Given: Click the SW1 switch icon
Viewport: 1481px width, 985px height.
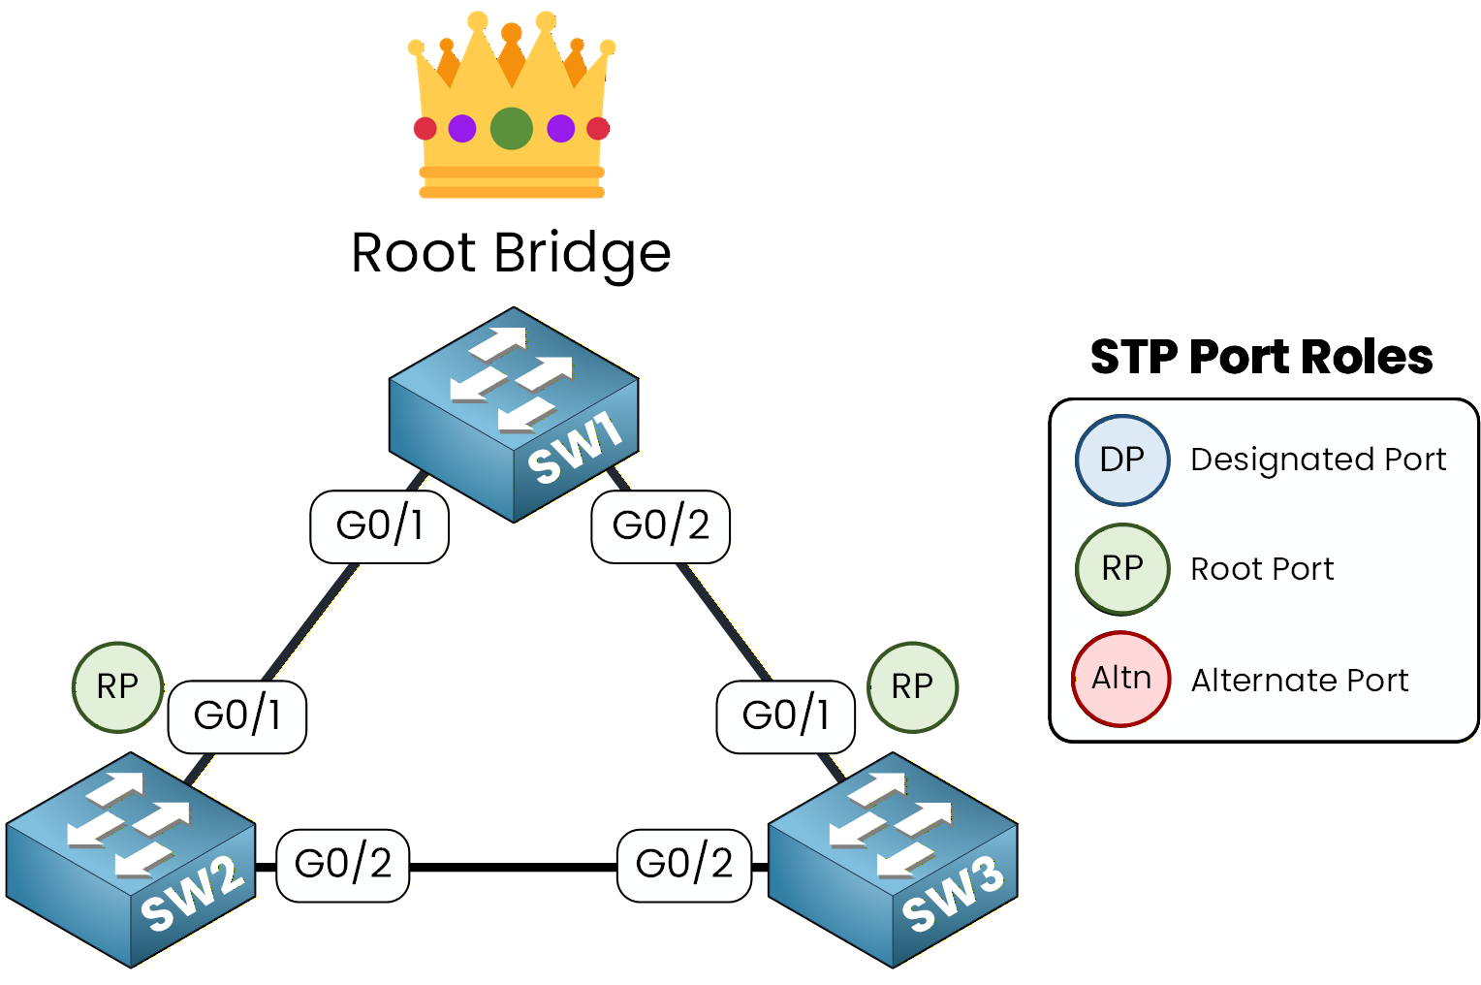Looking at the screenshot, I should [x=513, y=415].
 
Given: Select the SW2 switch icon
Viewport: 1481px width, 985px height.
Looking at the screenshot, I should [x=131, y=861].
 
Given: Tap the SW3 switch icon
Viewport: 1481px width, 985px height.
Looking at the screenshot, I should [x=893, y=861].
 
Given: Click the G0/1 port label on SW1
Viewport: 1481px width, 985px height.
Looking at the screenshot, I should [x=379, y=526].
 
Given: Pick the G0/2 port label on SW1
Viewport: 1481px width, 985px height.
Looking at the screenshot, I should [x=660, y=526].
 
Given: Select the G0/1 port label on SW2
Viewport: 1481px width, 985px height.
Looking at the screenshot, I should [x=237, y=716].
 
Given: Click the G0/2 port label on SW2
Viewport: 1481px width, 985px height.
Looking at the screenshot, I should [x=343, y=865].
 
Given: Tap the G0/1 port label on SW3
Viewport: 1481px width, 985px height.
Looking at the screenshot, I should [x=785, y=716].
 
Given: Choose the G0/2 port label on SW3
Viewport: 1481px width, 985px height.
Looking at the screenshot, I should [x=684, y=865].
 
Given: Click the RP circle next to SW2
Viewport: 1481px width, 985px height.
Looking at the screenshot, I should [x=118, y=687].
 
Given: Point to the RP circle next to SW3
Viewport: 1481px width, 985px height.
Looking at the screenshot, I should [x=912, y=687].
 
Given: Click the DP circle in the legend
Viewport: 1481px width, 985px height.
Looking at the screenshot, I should [x=1122, y=460].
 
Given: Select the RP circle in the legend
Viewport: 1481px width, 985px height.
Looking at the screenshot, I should [x=1122, y=569].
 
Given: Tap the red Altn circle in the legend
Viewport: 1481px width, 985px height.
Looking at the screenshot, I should [x=1121, y=679].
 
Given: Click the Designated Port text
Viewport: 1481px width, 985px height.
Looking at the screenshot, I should [x=1317, y=460].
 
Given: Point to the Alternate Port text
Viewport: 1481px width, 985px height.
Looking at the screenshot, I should [x=1299, y=681].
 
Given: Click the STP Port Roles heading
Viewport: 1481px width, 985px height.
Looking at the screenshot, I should [x=1261, y=357].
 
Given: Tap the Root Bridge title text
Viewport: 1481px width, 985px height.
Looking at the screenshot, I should [x=511, y=254].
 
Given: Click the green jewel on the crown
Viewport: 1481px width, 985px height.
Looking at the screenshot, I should [x=512, y=128].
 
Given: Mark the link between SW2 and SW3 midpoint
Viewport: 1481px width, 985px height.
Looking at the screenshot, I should [x=514, y=867].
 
